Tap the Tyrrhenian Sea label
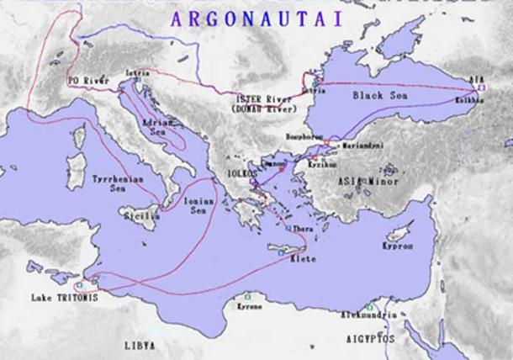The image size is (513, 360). coord(110,184)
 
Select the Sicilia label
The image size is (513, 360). coord(144,216)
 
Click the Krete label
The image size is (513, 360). coord(303,258)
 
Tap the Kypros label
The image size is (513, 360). coord(398,246)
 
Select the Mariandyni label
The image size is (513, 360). coord(361,145)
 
